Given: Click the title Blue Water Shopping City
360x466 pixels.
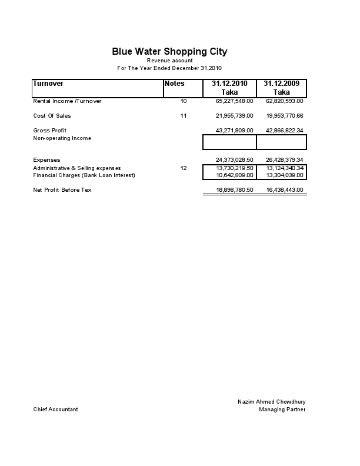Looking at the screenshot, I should [x=169, y=52].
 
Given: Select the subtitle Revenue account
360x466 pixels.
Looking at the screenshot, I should [x=169, y=61].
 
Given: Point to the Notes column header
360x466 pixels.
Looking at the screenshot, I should [x=175, y=84].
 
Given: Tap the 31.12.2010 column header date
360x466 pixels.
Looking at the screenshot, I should [x=229, y=84].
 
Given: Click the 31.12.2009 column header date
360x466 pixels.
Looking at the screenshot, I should [x=282, y=84].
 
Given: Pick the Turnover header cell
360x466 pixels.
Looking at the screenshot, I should [x=48, y=84].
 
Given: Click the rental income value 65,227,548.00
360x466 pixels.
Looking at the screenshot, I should [x=235, y=101].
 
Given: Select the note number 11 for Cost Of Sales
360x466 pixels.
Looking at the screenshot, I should [x=184, y=116].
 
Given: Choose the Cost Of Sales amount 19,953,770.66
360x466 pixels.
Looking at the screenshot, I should [x=285, y=116].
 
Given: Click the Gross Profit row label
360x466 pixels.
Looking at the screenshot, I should [x=50, y=130].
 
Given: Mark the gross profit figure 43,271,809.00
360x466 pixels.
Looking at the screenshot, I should [x=235, y=130].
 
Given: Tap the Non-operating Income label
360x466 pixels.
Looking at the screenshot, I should [x=62, y=138].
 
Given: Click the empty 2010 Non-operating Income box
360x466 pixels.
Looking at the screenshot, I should [x=229, y=142].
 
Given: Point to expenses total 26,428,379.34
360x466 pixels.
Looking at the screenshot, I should [x=285, y=160].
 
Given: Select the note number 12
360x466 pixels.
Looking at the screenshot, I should [x=184, y=168].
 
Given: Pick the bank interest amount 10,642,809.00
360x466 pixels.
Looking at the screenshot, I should [x=235, y=175].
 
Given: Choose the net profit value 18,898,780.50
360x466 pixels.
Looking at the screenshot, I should [x=235, y=190].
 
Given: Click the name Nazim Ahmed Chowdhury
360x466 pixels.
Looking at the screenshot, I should [x=272, y=402].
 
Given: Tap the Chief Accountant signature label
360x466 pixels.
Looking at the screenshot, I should [x=55, y=410].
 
